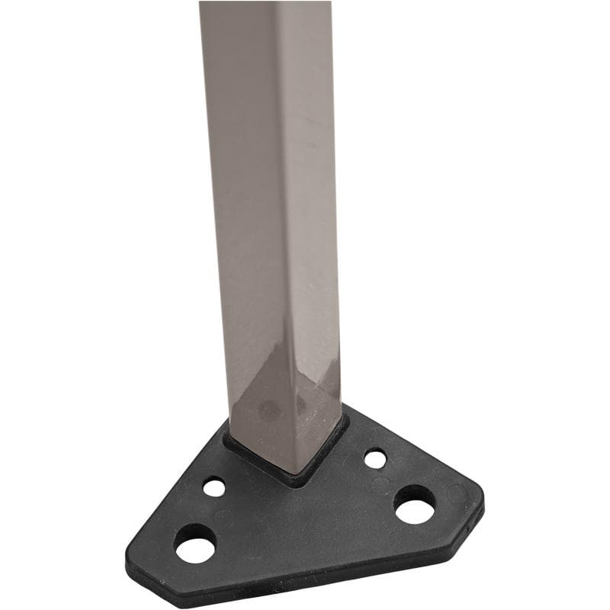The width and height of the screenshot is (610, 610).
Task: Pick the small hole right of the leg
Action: [x=374, y=459]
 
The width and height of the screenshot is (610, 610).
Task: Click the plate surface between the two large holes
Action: [x=305, y=526]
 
